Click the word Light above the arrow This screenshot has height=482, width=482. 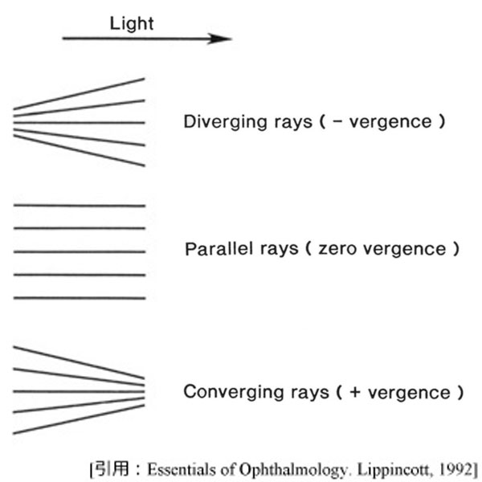tap(131, 23)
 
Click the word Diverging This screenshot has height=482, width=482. tap(217, 123)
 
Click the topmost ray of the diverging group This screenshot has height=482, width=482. tap(80, 93)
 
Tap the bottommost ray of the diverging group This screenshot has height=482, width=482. tap(80, 150)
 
